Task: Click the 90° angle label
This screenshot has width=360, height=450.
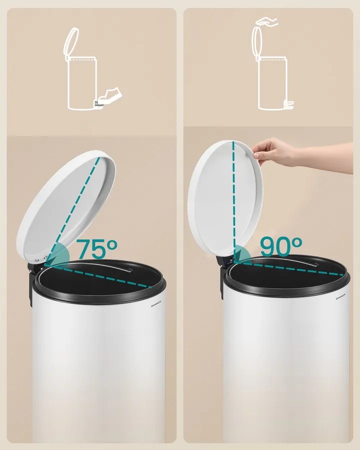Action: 281,246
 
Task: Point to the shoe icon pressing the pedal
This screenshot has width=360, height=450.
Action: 111,94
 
